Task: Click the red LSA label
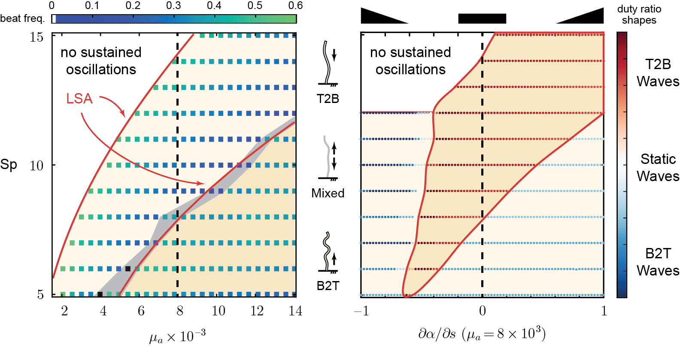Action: pos(79,99)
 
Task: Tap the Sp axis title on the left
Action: pos(9,164)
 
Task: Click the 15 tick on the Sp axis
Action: pos(36,37)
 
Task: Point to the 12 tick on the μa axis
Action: pos(257,311)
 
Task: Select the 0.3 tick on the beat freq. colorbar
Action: pos(173,6)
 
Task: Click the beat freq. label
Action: pos(22,18)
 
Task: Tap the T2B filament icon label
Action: pos(328,99)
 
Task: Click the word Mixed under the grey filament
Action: pos(328,193)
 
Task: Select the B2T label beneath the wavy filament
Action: pos(328,286)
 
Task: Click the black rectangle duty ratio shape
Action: pos(482,18)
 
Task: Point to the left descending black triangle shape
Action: pos(378,17)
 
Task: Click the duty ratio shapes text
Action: pos(639,15)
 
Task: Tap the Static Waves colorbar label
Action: pos(658,167)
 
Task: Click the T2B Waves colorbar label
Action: pos(658,73)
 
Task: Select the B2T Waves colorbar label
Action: pos(658,262)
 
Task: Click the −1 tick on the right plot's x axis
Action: pos(361,311)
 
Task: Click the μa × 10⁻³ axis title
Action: pos(177,336)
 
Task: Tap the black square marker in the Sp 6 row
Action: pos(128,269)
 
